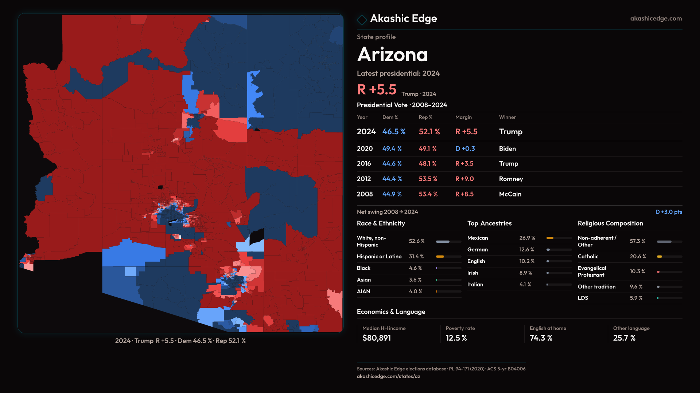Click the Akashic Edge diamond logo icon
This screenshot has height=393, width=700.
362,20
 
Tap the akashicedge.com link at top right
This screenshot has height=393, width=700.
656,19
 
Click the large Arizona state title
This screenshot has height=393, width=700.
392,55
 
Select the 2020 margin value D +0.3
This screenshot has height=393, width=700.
465,149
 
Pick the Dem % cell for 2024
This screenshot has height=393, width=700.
394,132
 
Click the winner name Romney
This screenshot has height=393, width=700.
511,179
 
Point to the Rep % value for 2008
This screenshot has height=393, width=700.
428,194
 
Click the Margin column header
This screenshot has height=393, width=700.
463,117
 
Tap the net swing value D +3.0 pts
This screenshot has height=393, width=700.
669,212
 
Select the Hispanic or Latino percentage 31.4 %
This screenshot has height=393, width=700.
416,257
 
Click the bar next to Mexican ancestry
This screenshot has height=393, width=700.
559,238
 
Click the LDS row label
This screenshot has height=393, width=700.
583,298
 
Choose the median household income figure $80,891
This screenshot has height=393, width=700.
377,338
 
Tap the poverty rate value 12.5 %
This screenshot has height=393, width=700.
456,338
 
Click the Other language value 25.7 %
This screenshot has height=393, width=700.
624,338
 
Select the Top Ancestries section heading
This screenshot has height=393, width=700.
489,223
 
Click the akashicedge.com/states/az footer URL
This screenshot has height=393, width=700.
388,377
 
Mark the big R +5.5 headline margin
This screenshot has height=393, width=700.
377,90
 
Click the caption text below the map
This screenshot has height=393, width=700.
180,341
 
